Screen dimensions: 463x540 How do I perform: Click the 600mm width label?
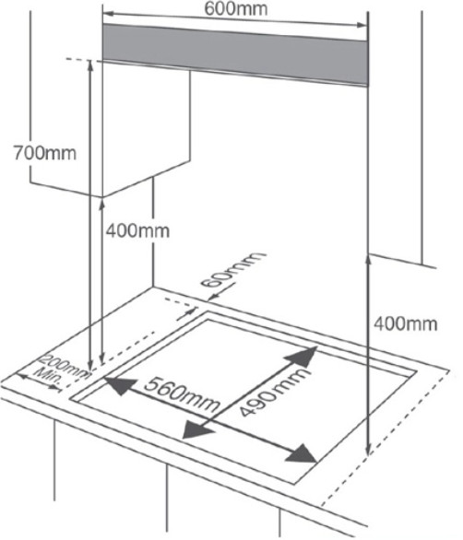[236, 9]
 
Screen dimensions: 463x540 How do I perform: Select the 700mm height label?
[45, 153]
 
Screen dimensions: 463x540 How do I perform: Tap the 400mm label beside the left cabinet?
[137, 230]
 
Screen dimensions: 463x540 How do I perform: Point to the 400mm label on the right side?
[406, 324]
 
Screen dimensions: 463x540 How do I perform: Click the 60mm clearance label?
[232, 270]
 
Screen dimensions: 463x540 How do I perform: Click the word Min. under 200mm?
[49, 376]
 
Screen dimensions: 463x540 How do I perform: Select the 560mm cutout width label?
[182, 394]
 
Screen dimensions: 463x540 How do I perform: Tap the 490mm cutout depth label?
[272, 392]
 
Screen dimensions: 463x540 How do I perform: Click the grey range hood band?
[235, 54]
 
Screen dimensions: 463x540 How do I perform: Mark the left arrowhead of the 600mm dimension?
[109, 14]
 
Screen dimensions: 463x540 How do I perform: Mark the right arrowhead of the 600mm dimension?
[362, 25]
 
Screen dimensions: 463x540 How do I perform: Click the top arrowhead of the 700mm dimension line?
[90, 65]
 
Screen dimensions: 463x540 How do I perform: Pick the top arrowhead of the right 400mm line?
[368, 261]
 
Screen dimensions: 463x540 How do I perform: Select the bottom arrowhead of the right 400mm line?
[368, 450]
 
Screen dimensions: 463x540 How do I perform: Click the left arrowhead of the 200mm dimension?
[21, 377]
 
